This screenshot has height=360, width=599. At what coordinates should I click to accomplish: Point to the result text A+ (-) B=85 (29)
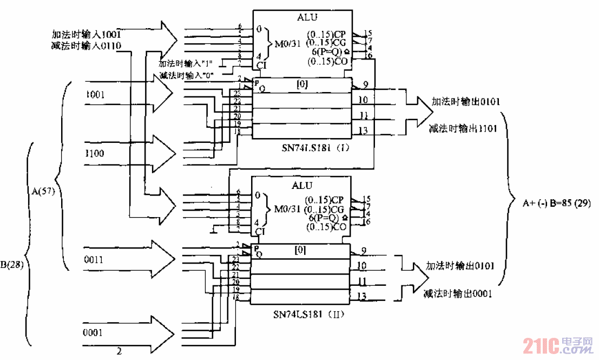pyautogui.click(x=556, y=204)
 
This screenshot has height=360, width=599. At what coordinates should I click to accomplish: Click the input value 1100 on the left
pyautogui.click(x=95, y=153)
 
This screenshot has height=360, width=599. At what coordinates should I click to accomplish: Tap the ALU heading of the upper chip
pyautogui.click(x=307, y=17)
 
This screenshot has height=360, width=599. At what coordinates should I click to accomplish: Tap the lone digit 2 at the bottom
pyautogui.click(x=119, y=352)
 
